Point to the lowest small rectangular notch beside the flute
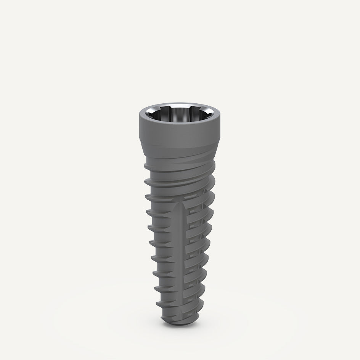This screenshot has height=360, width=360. tap(186, 294)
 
